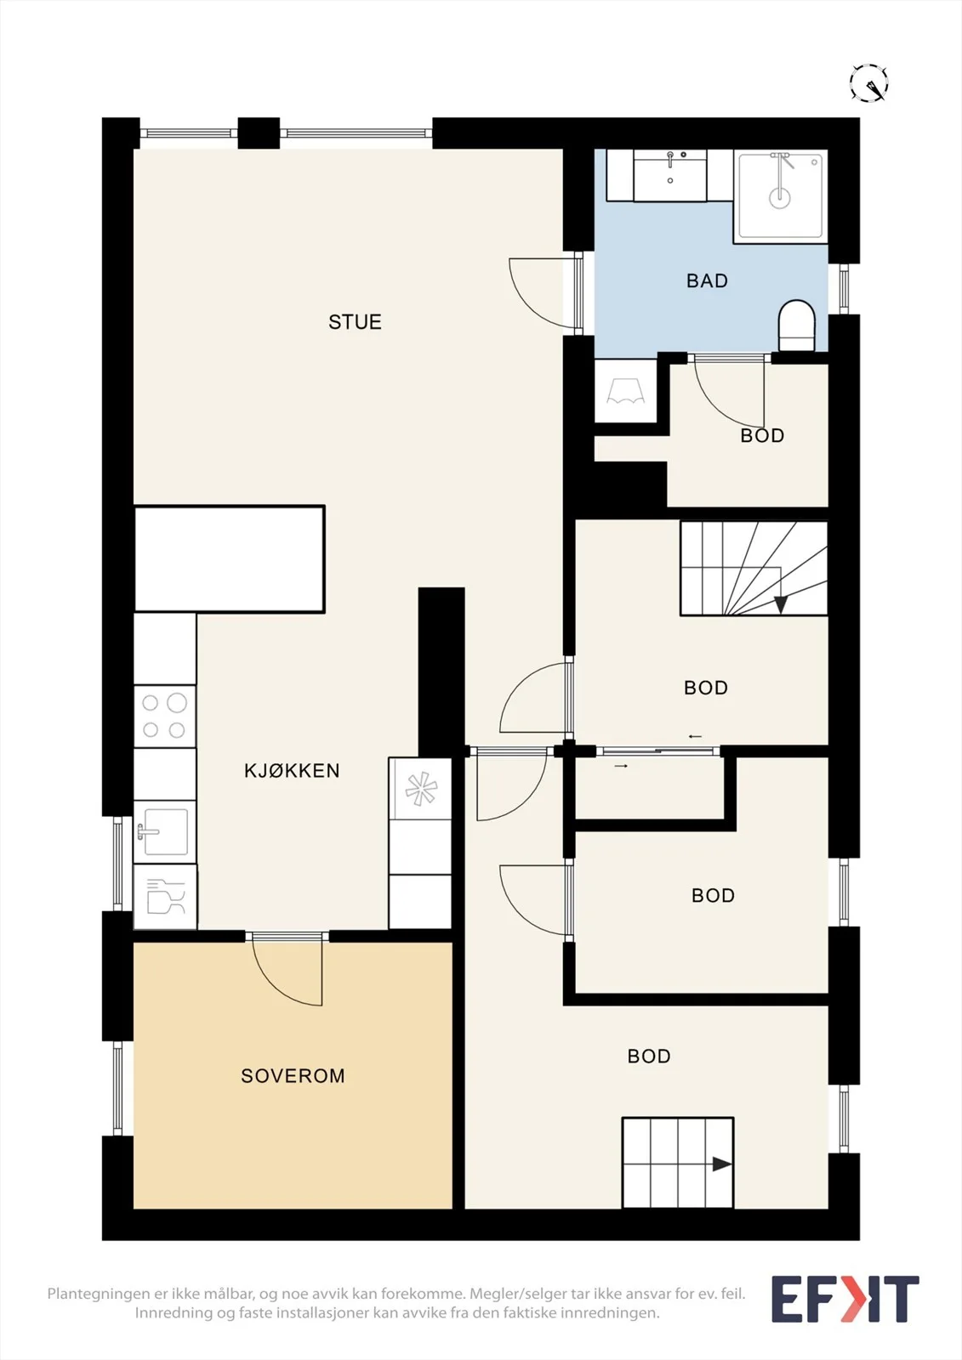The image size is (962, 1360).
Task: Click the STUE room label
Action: [x=355, y=322]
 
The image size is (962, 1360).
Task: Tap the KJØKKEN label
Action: [x=292, y=770]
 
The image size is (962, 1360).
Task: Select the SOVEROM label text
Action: [x=293, y=1076]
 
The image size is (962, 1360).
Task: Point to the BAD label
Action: [x=707, y=280]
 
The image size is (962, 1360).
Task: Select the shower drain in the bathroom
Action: [x=780, y=196]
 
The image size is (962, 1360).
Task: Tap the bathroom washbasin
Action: [x=670, y=175]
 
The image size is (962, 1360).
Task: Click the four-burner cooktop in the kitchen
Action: [x=165, y=717]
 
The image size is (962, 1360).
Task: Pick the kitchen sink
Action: [x=165, y=831]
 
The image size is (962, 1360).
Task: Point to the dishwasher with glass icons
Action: [x=165, y=897]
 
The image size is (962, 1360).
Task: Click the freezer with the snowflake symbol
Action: [x=420, y=789]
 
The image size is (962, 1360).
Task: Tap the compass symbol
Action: [x=869, y=82]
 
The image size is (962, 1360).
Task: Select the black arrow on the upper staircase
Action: [x=781, y=604]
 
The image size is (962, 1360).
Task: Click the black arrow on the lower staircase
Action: [x=722, y=1164]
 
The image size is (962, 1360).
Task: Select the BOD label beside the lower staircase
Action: [x=649, y=1056]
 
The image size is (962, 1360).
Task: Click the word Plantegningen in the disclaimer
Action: [x=94, y=1294]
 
